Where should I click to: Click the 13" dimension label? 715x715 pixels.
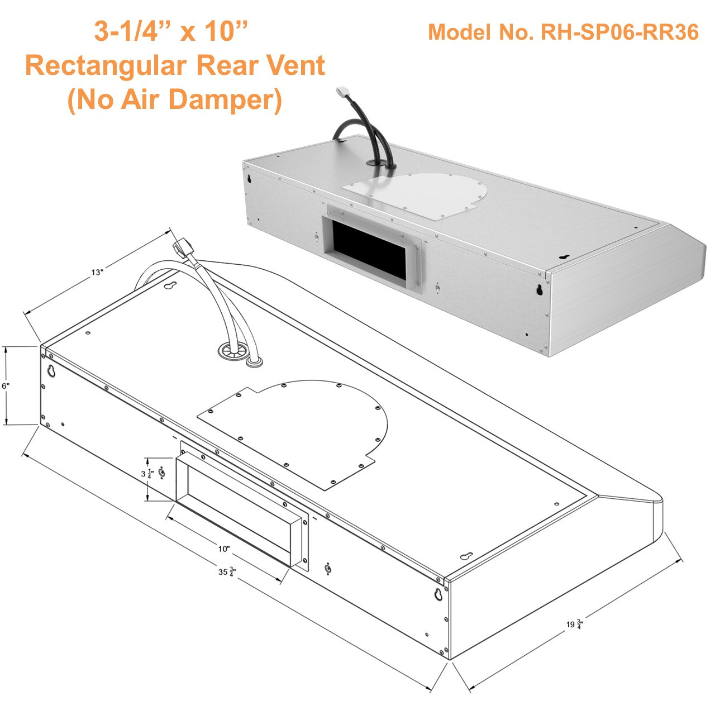coord(98,273)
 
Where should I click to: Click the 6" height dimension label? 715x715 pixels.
coord(6,386)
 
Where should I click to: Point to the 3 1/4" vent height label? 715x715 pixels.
coord(148,474)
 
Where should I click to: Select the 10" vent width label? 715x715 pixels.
coord(224,549)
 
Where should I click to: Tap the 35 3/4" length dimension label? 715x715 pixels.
coord(227,572)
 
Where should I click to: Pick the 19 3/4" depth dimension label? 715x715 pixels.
coord(574,623)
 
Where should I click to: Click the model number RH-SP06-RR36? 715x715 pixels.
coord(563,32)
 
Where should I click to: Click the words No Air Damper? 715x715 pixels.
coord(174,101)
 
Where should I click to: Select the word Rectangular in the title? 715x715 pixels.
coord(109,66)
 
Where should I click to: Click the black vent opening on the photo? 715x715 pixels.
coord(369,250)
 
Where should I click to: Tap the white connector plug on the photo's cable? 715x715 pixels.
coord(342,93)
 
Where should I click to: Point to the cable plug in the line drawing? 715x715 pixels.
coord(182,247)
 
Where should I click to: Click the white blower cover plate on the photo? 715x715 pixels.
coord(419,196)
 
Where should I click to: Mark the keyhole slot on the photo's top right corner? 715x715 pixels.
coord(564,257)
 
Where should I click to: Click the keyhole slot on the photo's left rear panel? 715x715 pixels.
coord(249,179)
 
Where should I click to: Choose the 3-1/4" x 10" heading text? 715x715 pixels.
coord(171,31)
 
